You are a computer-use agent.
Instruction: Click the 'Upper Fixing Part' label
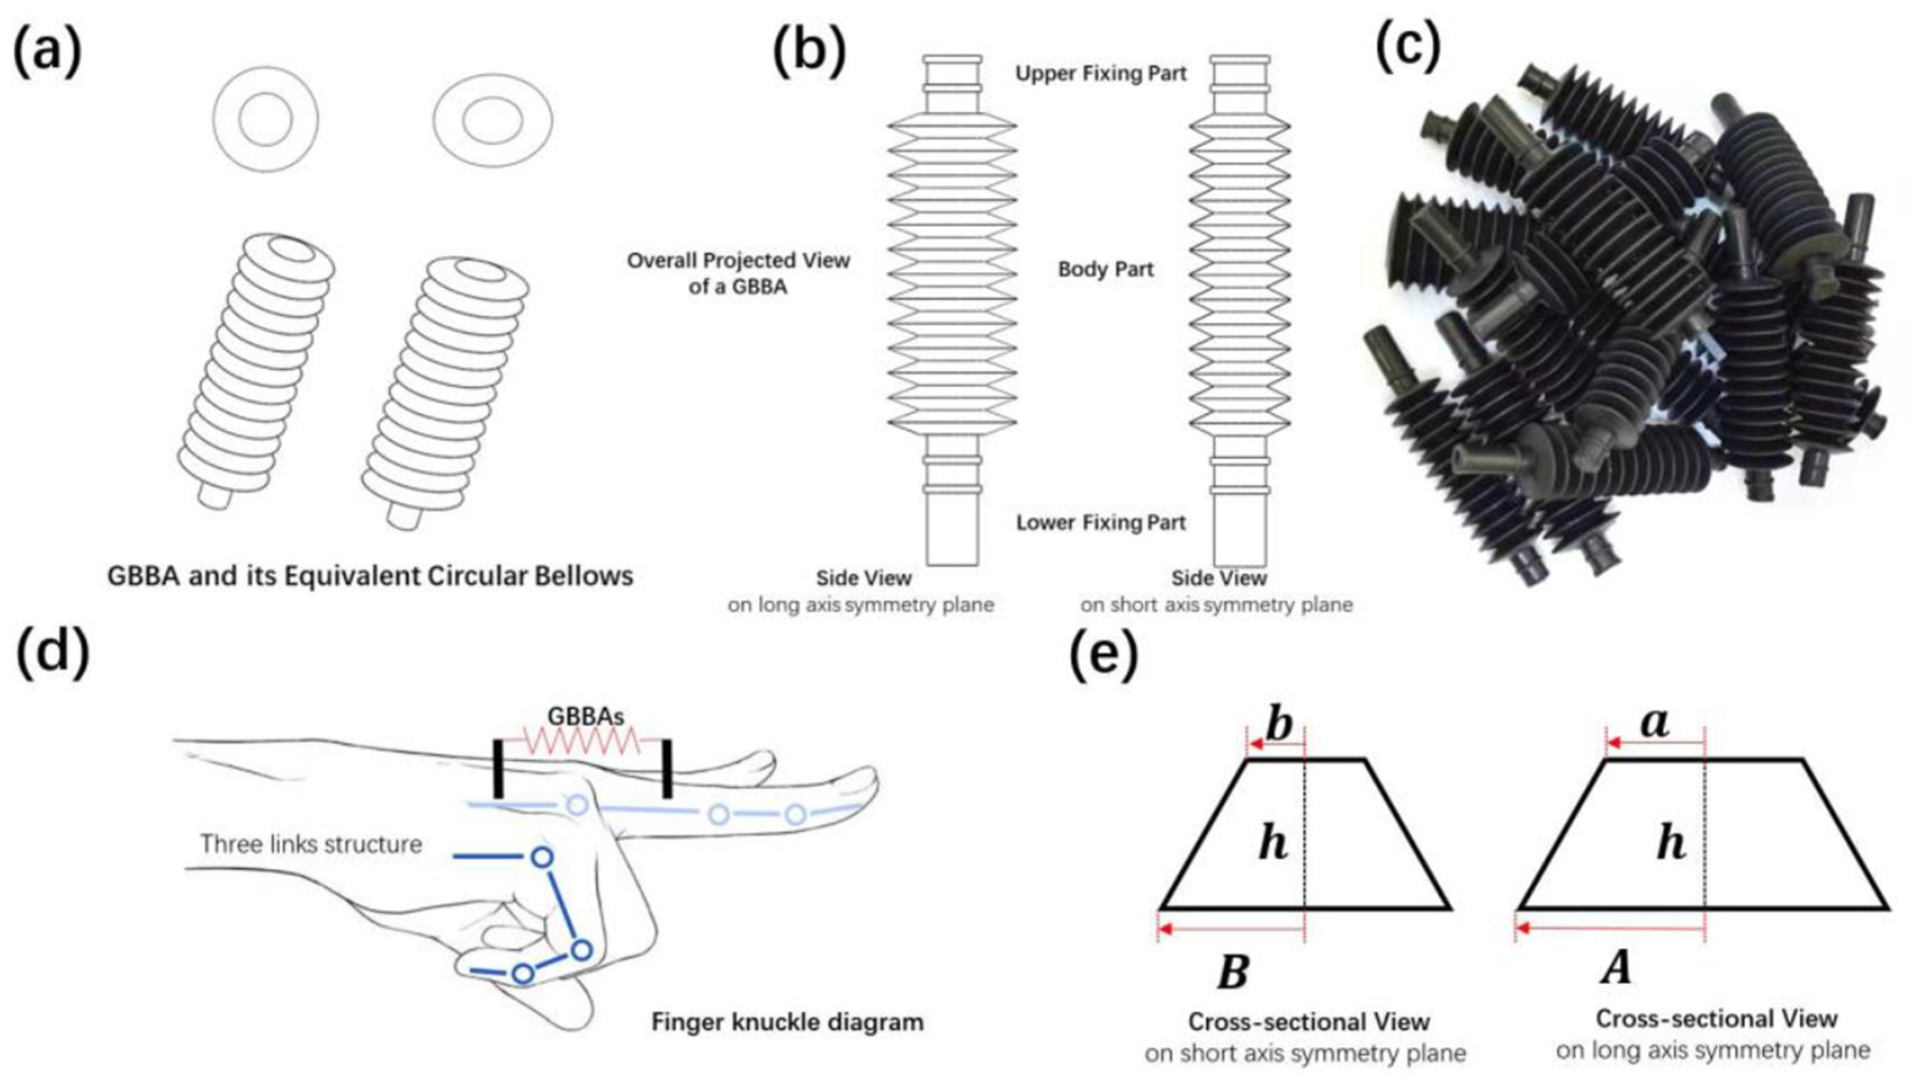click(x=1100, y=73)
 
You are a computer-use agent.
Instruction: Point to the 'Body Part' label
click(x=1105, y=269)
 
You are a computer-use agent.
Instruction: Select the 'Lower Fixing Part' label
click(x=1100, y=523)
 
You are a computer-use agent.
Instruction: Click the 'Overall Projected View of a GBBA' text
click(x=738, y=273)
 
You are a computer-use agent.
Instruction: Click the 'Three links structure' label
click(x=312, y=844)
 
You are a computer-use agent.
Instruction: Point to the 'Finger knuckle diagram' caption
click(x=787, y=1022)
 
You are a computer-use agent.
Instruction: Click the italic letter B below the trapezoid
click(x=1233, y=972)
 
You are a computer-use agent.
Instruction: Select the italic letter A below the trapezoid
click(x=1617, y=968)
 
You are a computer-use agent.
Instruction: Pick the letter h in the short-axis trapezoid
click(x=1273, y=844)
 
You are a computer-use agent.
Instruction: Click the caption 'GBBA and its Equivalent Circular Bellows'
click(x=370, y=576)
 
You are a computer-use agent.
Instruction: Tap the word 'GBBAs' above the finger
click(x=585, y=716)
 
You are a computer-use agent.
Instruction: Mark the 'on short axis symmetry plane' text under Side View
click(x=1216, y=605)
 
